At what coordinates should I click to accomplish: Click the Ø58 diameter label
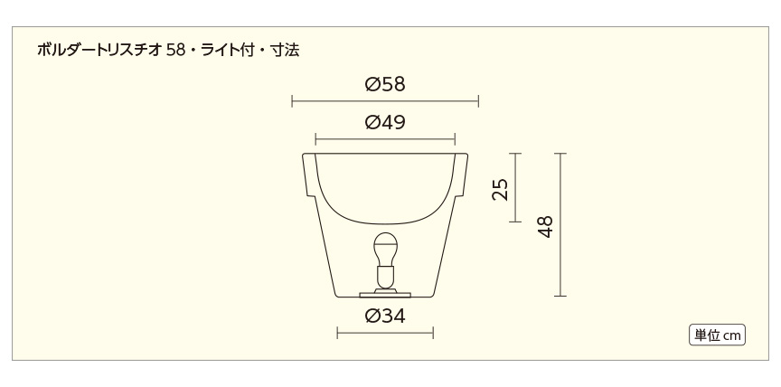pyautogui.click(x=385, y=84)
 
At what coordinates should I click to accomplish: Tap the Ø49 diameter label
pyautogui.click(x=385, y=121)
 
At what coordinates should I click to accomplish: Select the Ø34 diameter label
pyautogui.click(x=385, y=316)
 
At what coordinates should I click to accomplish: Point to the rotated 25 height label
pyautogui.click(x=501, y=189)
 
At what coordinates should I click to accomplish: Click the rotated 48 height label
pyautogui.click(x=546, y=226)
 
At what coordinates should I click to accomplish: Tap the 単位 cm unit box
pyautogui.click(x=718, y=335)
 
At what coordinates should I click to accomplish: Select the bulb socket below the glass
pyautogui.click(x=385, y=277)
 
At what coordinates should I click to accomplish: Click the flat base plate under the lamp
pyautogui.click(x=385, y=295)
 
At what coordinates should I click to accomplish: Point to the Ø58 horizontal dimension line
pyautogui.click(x=385, y=101)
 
